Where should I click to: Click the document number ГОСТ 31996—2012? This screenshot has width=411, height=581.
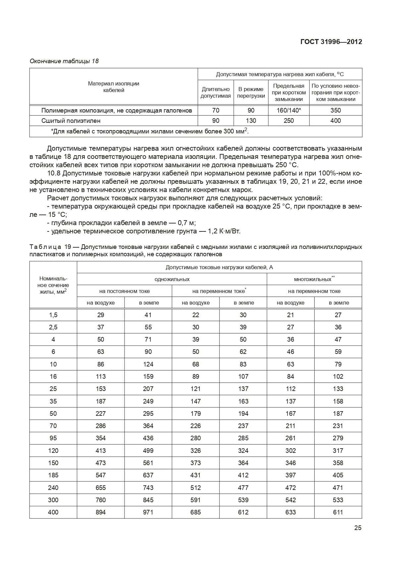[x=331, y=42]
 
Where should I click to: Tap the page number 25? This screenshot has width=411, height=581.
[x=358, y=528]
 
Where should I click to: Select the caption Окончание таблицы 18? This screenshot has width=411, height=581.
[x=64, y=61]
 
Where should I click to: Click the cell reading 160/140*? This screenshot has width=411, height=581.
[x=289, y=110]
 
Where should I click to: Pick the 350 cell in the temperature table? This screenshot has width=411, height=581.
[x=335, y=110]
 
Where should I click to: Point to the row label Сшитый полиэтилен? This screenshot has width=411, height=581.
[x=71, y=121]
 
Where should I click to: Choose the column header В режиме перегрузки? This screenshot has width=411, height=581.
[x=251, y=92]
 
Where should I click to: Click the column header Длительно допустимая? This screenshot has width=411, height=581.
[x=216, y=92]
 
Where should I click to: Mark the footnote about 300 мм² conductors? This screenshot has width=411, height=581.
[x=150, y=131]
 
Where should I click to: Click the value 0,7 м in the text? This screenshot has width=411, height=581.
[x=186, y=223]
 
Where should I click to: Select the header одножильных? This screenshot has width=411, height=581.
[x=172, y=279]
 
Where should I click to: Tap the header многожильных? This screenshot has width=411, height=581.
[x=314, y=279]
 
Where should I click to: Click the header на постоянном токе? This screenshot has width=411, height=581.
[x=125, y=291]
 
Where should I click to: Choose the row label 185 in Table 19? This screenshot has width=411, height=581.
[x=53, y=475]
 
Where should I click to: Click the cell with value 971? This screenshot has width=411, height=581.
[x=148, y=512]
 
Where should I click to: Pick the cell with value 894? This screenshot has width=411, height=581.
[x=101, y=512]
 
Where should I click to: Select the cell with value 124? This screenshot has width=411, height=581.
[x=148, y=364]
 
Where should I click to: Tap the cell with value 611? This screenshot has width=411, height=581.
[x=338, y=512]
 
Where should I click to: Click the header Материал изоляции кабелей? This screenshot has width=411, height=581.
[x=114, y=87]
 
